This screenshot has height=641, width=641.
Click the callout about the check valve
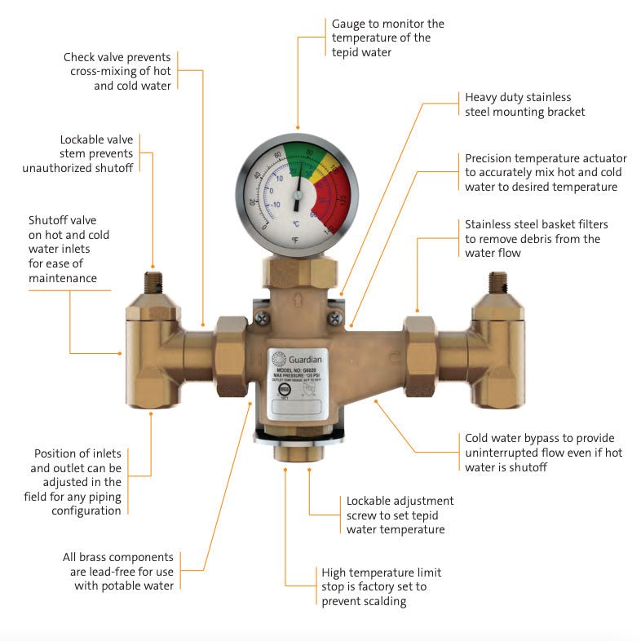pos(117,71)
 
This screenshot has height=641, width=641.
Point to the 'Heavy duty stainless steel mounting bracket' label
pos(524,104)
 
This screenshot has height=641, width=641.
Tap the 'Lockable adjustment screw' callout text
pos(400,515)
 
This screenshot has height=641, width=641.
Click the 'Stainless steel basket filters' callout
pos(536,239)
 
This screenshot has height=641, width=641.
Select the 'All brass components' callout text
pos(118,571)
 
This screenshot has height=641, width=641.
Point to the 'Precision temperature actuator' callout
pos(541,173)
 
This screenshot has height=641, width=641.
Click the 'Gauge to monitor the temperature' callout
pos(387,38)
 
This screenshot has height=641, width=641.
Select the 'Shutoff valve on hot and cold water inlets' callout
pos(69,250)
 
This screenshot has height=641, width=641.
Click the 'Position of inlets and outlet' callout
pos(77,481)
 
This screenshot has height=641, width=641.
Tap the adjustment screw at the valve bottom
pos(297,453)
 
